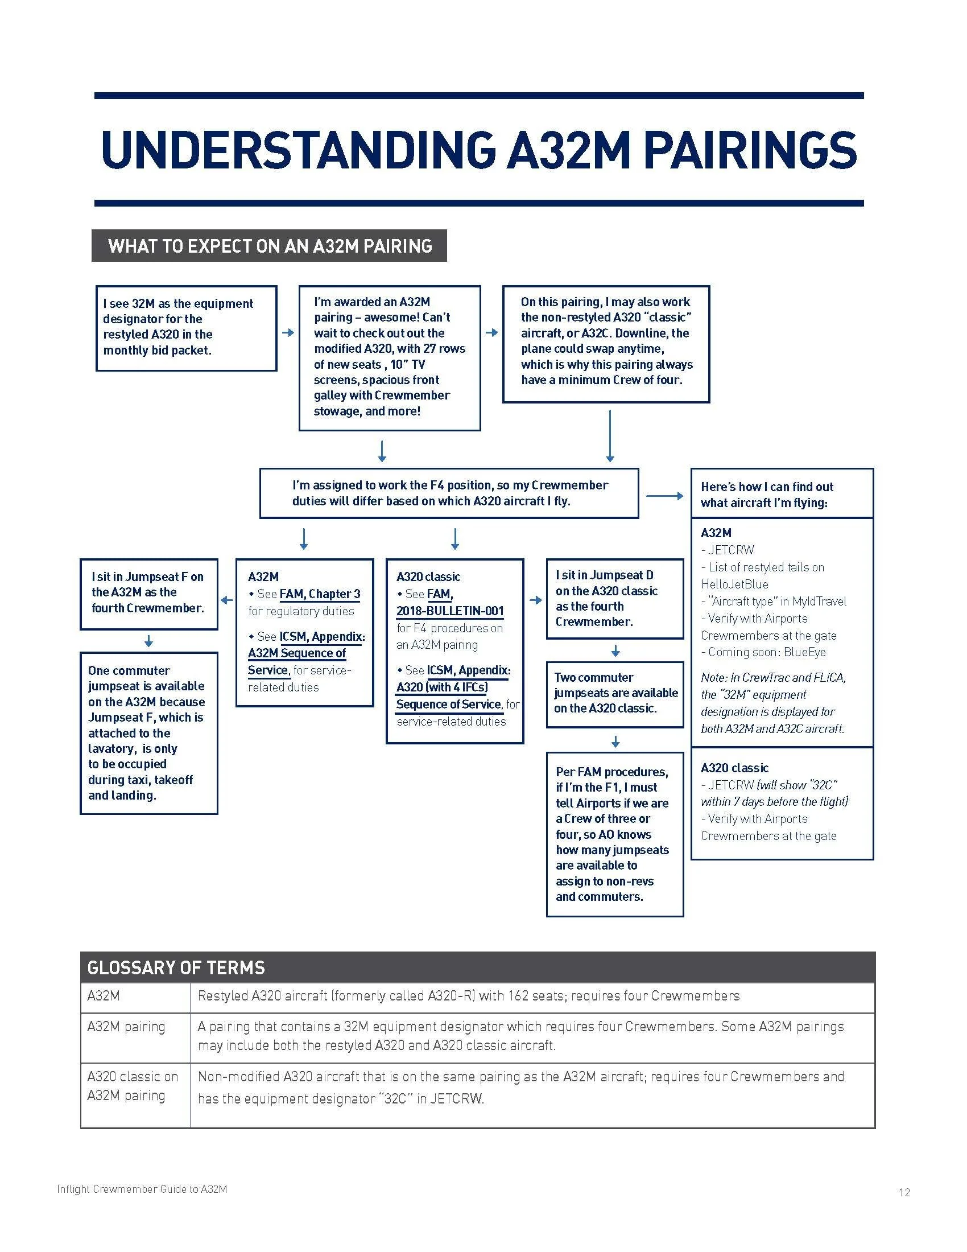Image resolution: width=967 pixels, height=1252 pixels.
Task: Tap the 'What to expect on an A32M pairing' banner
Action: (x=268, y=246)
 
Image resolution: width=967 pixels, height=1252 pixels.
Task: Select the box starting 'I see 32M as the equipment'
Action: (x=186, y=328)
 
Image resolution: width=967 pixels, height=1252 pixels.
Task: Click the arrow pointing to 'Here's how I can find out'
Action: (x=664, y=496)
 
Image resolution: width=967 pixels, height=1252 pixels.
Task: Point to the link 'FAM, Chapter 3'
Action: (x=320, y=594)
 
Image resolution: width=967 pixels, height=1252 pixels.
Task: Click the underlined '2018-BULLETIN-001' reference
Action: (x=450, y=611)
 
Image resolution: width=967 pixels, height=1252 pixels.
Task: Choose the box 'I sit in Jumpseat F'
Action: (x=148, y=593)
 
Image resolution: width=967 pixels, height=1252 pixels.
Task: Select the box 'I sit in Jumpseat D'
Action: (x=615, y=598)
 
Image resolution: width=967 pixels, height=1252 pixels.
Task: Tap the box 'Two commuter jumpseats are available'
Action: (x=615, y=693)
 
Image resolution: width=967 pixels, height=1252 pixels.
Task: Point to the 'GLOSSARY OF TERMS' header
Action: (x=176, y=967)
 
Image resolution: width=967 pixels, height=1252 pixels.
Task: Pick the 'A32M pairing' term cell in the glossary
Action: (x=127, y=1026)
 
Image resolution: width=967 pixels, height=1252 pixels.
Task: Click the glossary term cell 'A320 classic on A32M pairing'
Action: (x=133, y=1086)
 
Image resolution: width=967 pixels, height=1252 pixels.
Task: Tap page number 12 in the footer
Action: (x=904, y=1192)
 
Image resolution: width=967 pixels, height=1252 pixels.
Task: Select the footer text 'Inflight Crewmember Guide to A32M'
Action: (x=142, y=1189)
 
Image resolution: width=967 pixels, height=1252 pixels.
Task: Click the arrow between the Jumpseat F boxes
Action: (x=148, y=641)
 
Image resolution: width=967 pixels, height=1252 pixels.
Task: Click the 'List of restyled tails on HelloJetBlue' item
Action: (x=762, y=575)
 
